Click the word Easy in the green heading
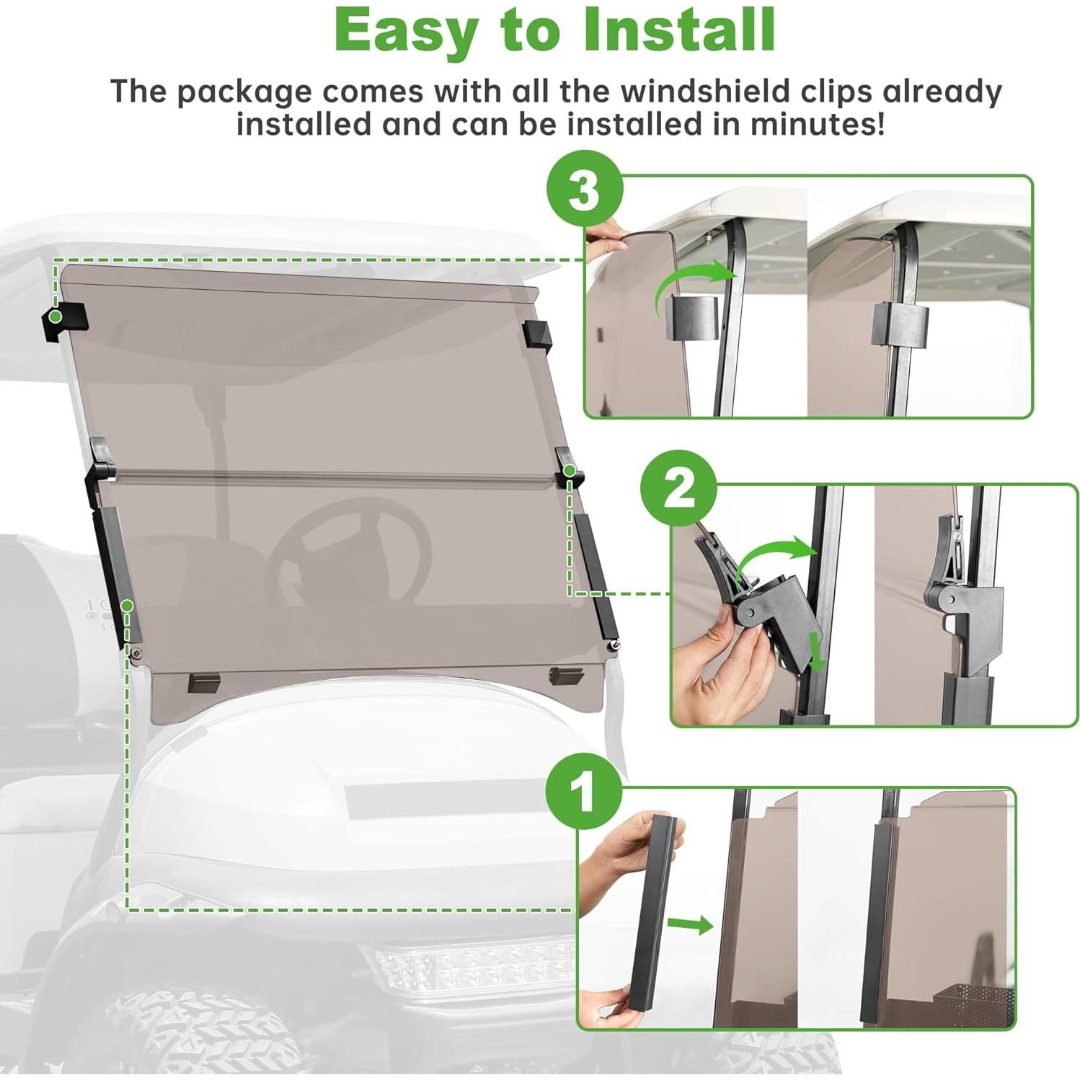[406, 30]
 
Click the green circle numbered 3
[585, 189]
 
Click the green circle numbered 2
[678, 490]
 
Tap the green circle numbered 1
[583, 792]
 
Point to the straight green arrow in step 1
[689, 924]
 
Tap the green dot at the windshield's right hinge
[570, 471]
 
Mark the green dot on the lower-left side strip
[127, 606]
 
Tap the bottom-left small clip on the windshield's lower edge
[203, 682]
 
